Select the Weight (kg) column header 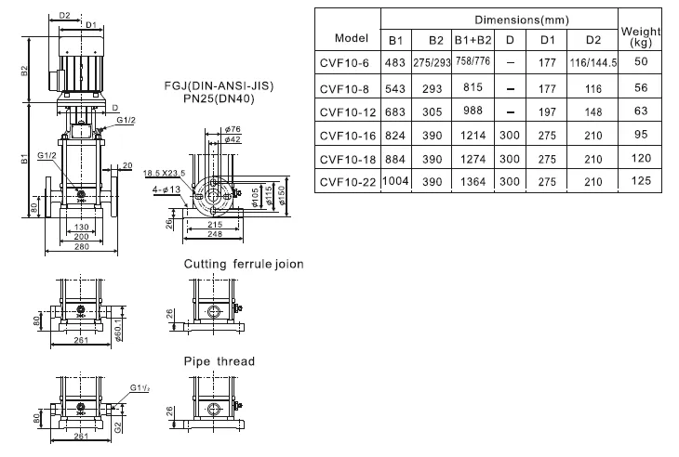click(x=639, y=37)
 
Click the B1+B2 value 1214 click(x=473, y=134)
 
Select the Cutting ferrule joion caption click(x=243, y=265)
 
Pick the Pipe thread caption click(x=220, y=361)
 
